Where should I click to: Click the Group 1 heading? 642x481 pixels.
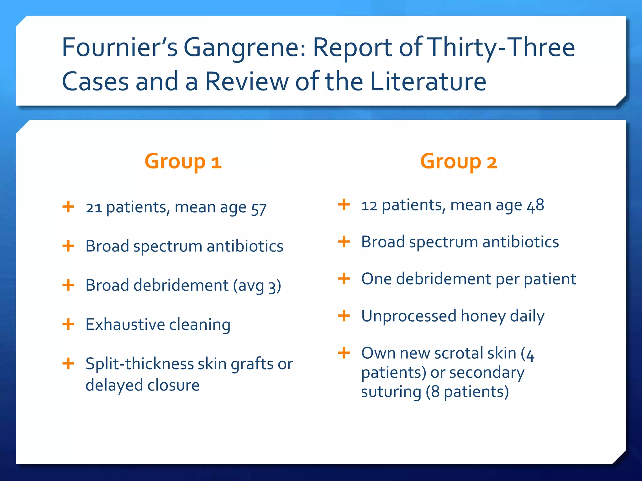click(x=183, y=162)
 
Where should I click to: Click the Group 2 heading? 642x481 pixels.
click(x=459, y=162)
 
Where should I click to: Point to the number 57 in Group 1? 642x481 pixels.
click(x=259, y=209)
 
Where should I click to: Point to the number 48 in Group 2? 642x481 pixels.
click(x=535, y=206)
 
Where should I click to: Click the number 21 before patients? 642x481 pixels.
click(x=94, y=208)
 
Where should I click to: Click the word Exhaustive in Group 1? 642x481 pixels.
click(x=124, y=324)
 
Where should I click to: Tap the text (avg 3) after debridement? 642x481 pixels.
click(x=257, y=286)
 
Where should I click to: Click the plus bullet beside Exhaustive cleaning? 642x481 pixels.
click(x=68, y=324)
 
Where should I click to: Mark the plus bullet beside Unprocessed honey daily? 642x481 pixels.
click(x=344, y=316)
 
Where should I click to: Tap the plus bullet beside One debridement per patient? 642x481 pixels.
click(x=344, y=279)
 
